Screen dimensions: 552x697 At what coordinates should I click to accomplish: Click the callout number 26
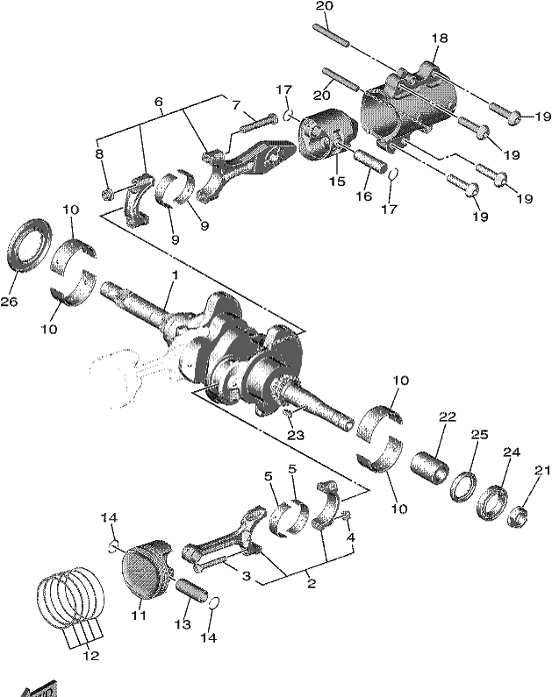[x=9, y=302]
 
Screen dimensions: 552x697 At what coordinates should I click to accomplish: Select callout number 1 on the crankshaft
[x=175, y=275]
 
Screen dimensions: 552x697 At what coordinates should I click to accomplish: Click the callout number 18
[x=439, y=39]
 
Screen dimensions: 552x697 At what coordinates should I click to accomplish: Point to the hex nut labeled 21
[x=517, y=516]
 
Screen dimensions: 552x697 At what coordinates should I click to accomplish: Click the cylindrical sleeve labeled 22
[x=429, y=468]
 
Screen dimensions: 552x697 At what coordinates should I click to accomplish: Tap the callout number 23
[x=296, y=435]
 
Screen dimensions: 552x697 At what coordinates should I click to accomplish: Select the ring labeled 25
[x=463, y=487]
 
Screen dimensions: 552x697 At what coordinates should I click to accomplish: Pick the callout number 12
[x=90, y=656]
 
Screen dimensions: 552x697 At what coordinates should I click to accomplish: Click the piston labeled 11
[x=147, y=569]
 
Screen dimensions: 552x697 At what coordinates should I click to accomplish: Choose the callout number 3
[x=246, y=576]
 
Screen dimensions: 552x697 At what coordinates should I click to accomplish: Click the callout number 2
[x=312, y=583]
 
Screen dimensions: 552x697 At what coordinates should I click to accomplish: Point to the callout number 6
[x=158, y=102]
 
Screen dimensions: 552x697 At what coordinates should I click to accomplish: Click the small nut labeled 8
[x=107, y=195]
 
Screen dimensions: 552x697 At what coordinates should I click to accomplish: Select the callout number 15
[x=337, y=181]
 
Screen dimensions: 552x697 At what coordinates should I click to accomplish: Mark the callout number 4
[x=350, y=537]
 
